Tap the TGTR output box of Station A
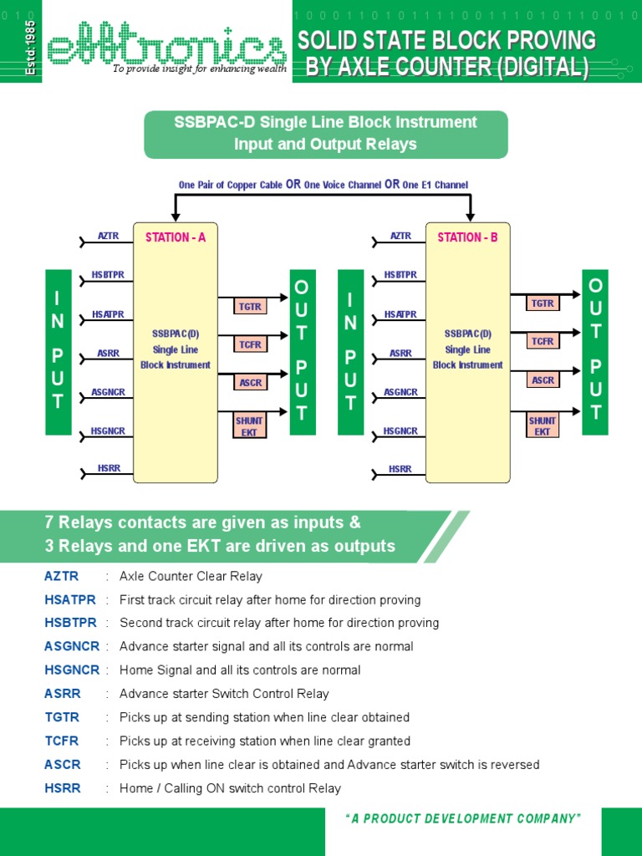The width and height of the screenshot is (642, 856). tap(250, 307)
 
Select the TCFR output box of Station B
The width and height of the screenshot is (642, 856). tap(543, 341)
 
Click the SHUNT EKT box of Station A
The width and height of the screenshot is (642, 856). tap(250, 426)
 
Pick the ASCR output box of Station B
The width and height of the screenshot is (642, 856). tap(543, 380)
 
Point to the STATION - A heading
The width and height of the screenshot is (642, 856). tap(176, 237)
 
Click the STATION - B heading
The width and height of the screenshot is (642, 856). tap(467, 237)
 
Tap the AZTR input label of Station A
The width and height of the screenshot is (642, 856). tap(109, 237)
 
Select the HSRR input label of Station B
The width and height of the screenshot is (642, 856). tap(400, 469)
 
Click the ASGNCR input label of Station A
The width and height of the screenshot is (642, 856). tap(109, 392)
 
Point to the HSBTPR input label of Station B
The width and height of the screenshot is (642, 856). tap(400, 274)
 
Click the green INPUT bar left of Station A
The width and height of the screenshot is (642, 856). tap(58, 351)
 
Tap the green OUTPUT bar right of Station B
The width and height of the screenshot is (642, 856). tap(595, 351)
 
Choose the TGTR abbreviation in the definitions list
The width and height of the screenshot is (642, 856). tap(62, 717)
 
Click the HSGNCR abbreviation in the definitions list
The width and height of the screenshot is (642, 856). tap(72, 670)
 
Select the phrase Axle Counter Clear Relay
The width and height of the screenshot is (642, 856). tap(191, 576)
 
